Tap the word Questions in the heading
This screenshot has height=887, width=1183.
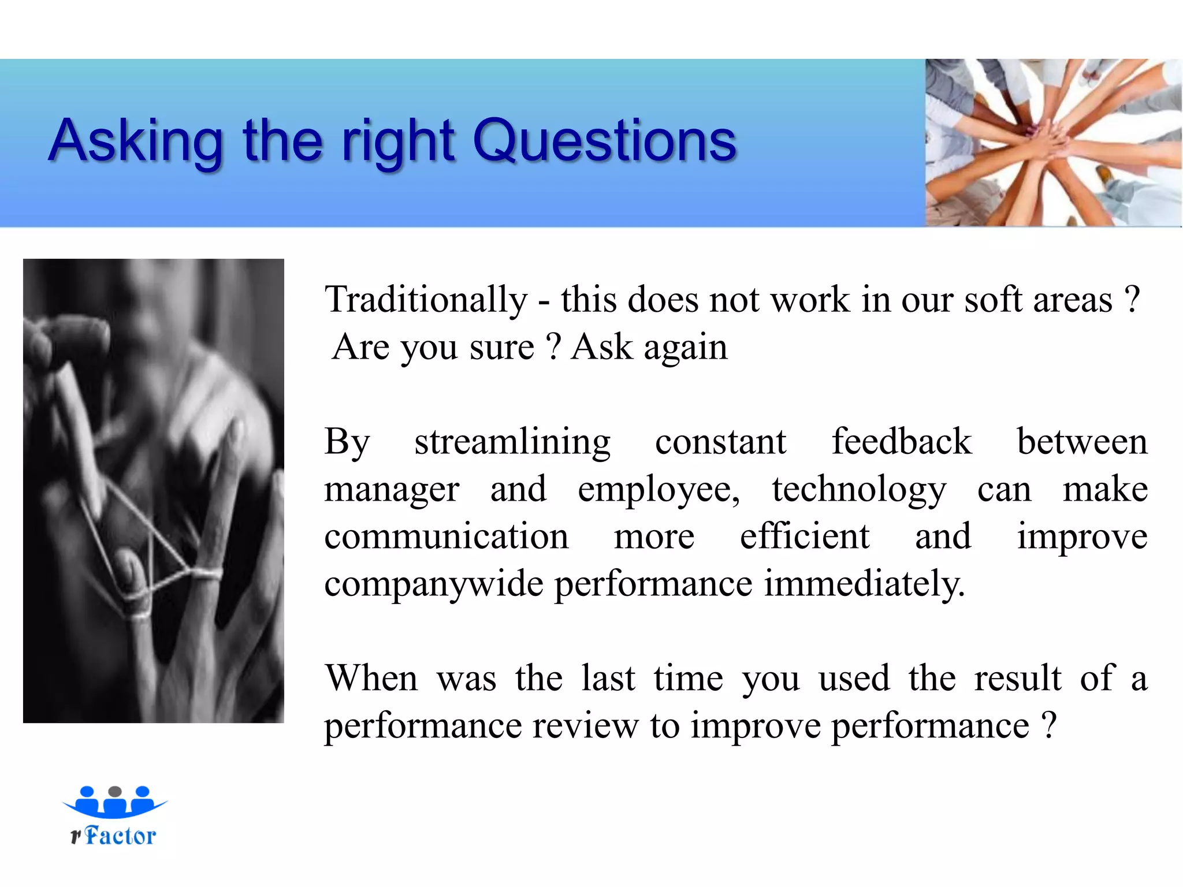tap(604, 140)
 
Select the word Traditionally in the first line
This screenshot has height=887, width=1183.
tap(426, 300)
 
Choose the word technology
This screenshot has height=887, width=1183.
tap(859, 490)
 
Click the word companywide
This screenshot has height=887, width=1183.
tap(434, 584)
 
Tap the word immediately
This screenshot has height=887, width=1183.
tap(864, 584)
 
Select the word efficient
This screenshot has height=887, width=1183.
tap(805, 536)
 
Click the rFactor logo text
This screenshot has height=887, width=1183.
tap(114, 836)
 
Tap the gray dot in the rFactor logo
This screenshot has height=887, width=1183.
tap(115, 791)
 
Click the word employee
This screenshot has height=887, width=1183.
tap(659, 490)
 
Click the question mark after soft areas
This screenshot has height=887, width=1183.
tap(1133, 300)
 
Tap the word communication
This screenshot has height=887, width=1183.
tap(446, 536)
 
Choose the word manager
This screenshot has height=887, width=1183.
tap(391, 490)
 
